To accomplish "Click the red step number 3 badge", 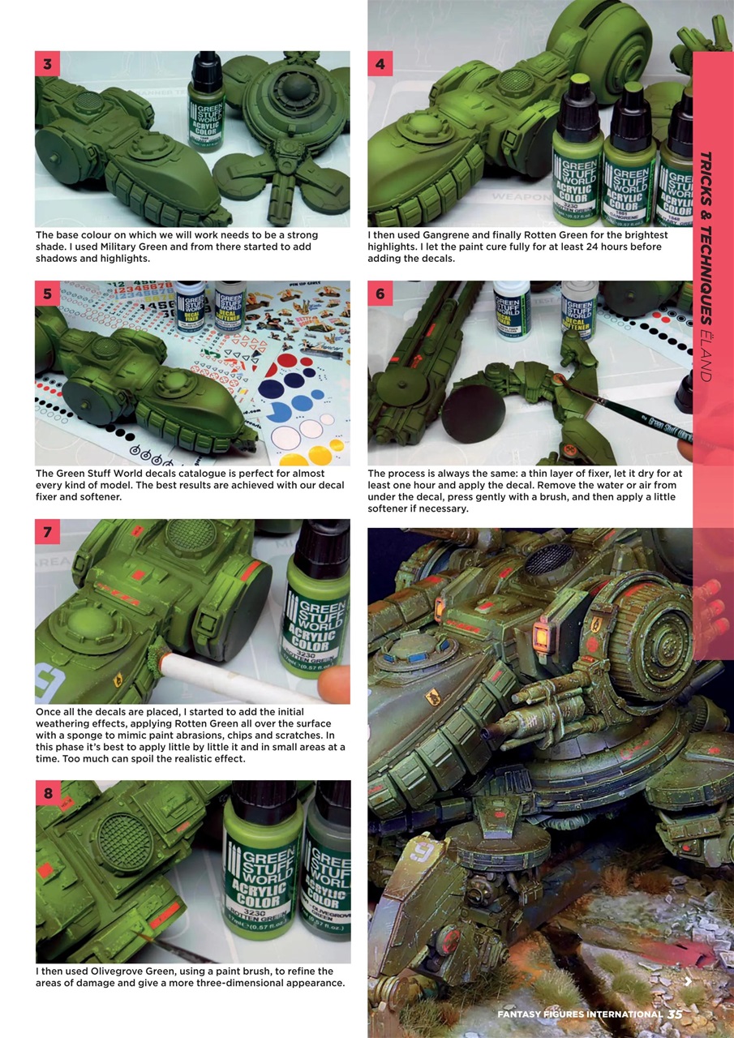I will (x=47, y=63).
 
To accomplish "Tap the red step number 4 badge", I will (x=380, y=63).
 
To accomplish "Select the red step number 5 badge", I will (x=47, y=294).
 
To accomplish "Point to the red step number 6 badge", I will (x=380, y=294).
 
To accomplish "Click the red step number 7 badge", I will (x=47, y=532).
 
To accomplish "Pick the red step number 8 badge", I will (x=47, y=793).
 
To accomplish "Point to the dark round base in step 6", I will (x=473, y=414).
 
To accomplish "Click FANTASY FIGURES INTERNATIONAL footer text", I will (x=580, y=1014).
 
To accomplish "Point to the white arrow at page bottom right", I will (x=688, y=982).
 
